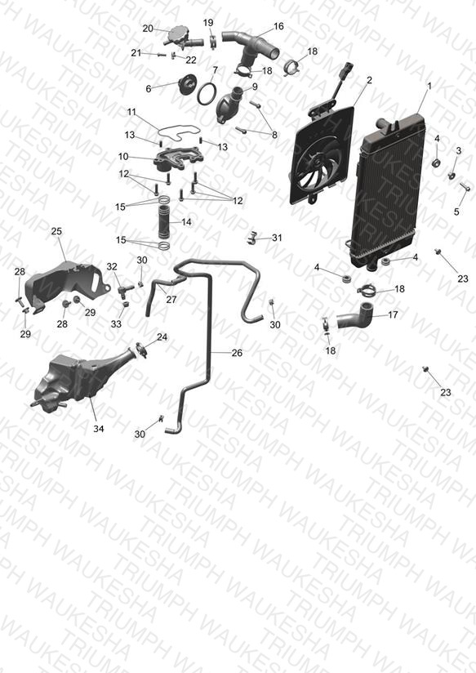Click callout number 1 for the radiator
(429, 86)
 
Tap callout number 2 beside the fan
(369, 80)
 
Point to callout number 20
(148, 29)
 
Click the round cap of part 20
(178, 32)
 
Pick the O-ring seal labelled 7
(207, 94)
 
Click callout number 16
(278, 26)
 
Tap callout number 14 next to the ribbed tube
(186, 222)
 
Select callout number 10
(123, 157)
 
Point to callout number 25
(56, 231)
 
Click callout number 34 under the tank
(99, 428)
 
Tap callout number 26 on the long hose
(237, 353)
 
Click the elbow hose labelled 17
(357, 317)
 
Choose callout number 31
(278, 238)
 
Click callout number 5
(456, 212)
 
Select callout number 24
(162, 337)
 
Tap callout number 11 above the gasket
(131, 112)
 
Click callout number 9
(255, 87)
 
